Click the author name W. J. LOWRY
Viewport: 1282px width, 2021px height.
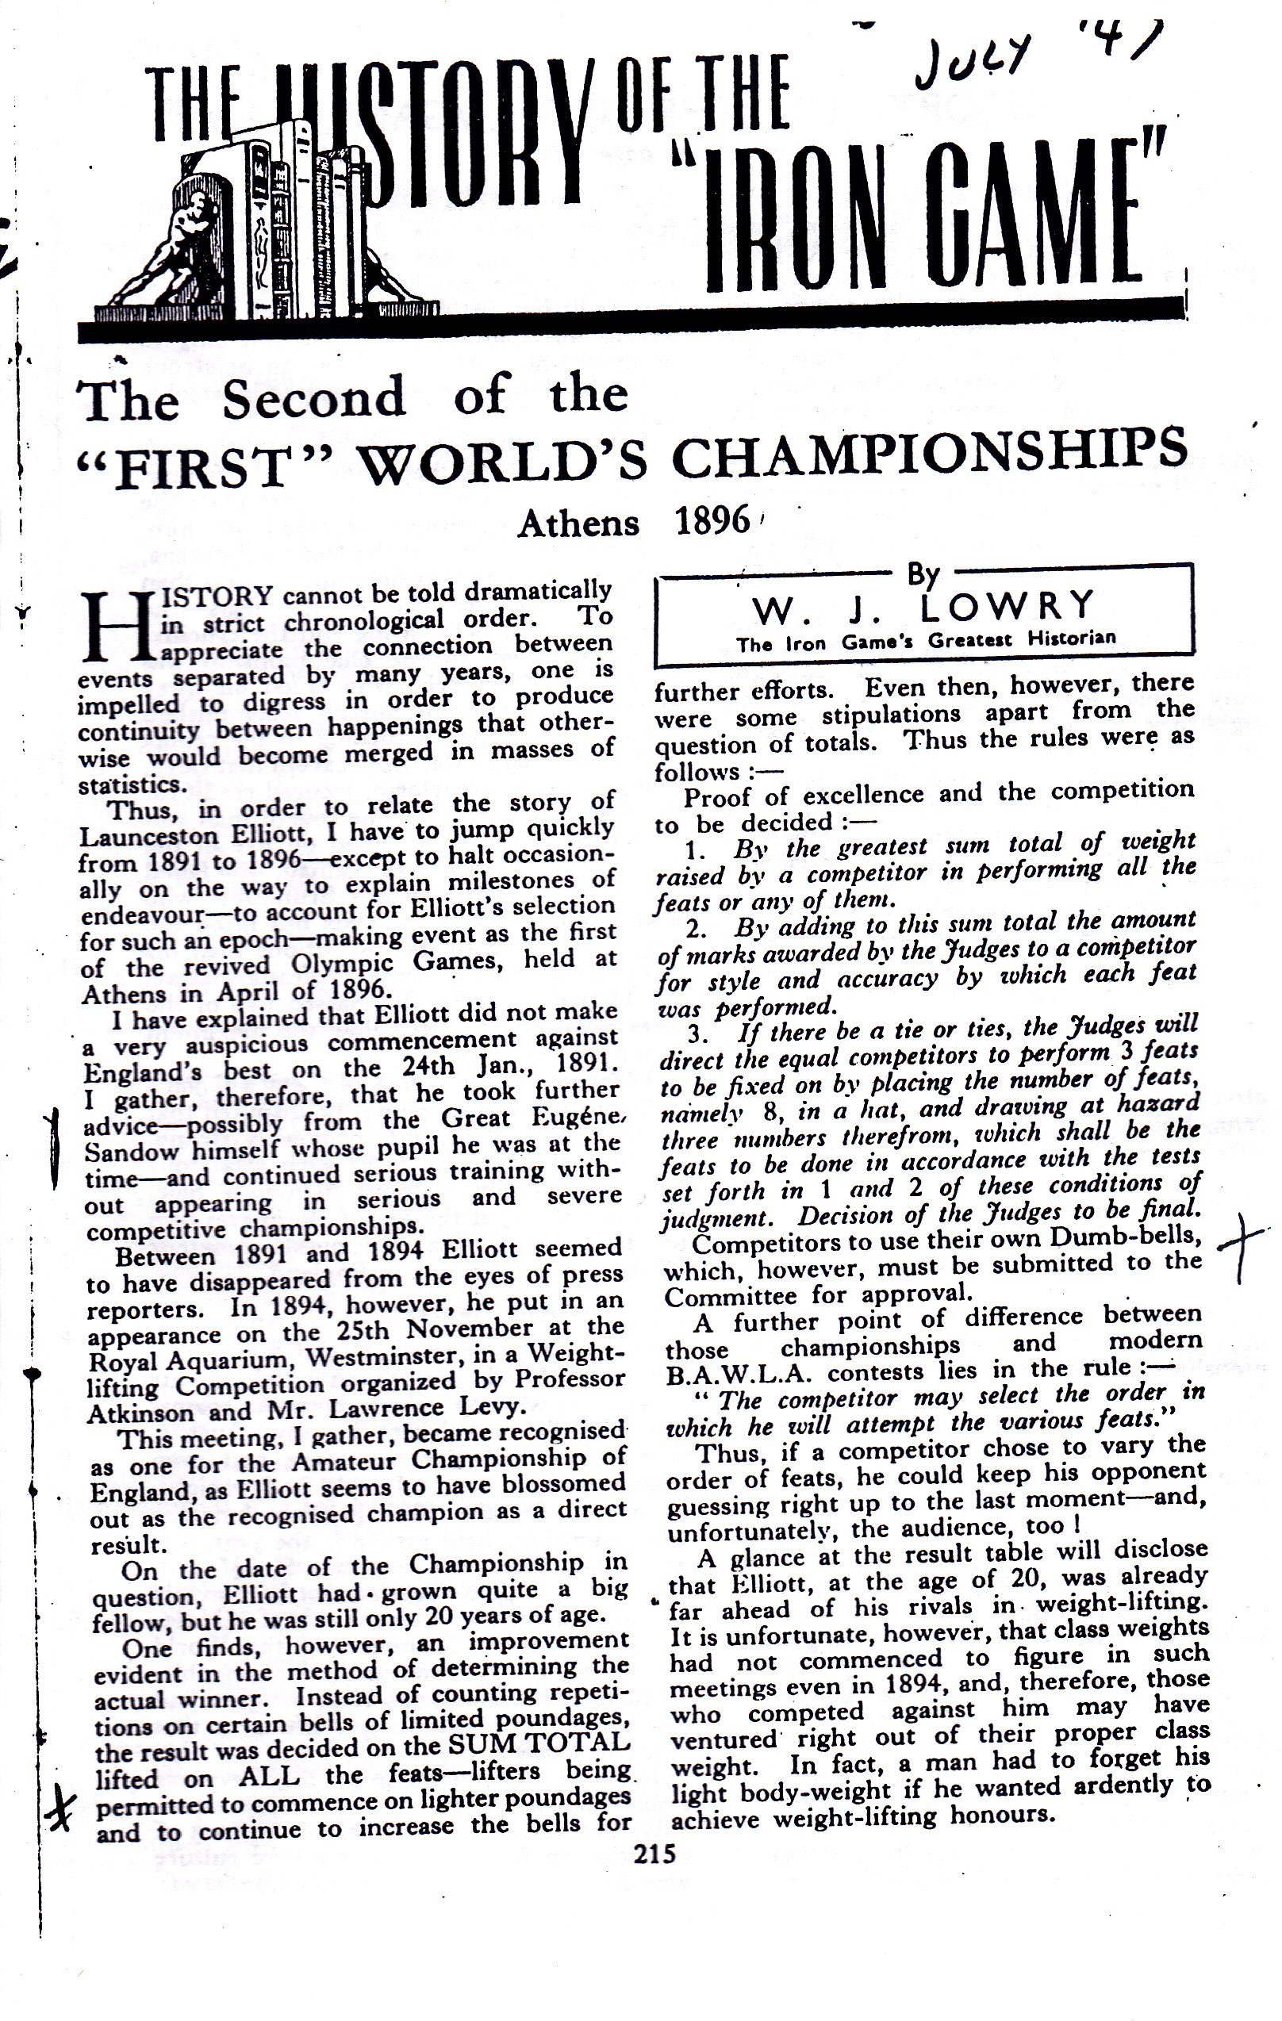(x=923, y=606)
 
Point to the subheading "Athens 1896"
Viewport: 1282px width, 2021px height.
(x=634, y=523)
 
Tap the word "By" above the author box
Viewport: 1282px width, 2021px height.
(x=923, y=574)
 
